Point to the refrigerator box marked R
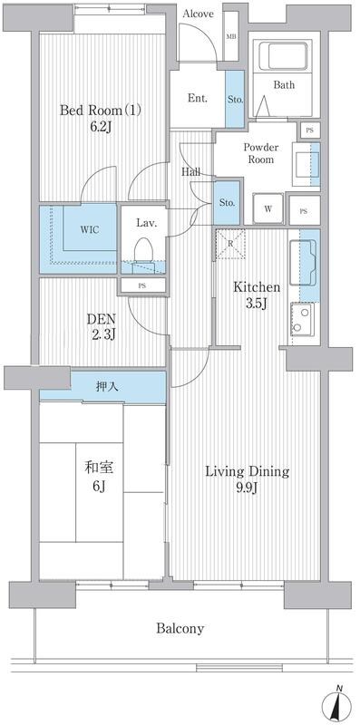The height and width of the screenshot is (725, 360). [231, 244]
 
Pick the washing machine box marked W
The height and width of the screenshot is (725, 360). [268, 209]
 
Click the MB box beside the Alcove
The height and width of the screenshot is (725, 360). [231, 36]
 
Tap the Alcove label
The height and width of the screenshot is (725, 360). [199, 14]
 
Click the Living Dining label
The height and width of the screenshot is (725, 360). [246, 471]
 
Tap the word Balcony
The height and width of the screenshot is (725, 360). [180, 628]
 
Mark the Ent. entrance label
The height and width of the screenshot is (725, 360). [197, 97]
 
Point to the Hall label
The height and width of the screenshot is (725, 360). [190, 171]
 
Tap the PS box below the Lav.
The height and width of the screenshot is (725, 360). [142, 285]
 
